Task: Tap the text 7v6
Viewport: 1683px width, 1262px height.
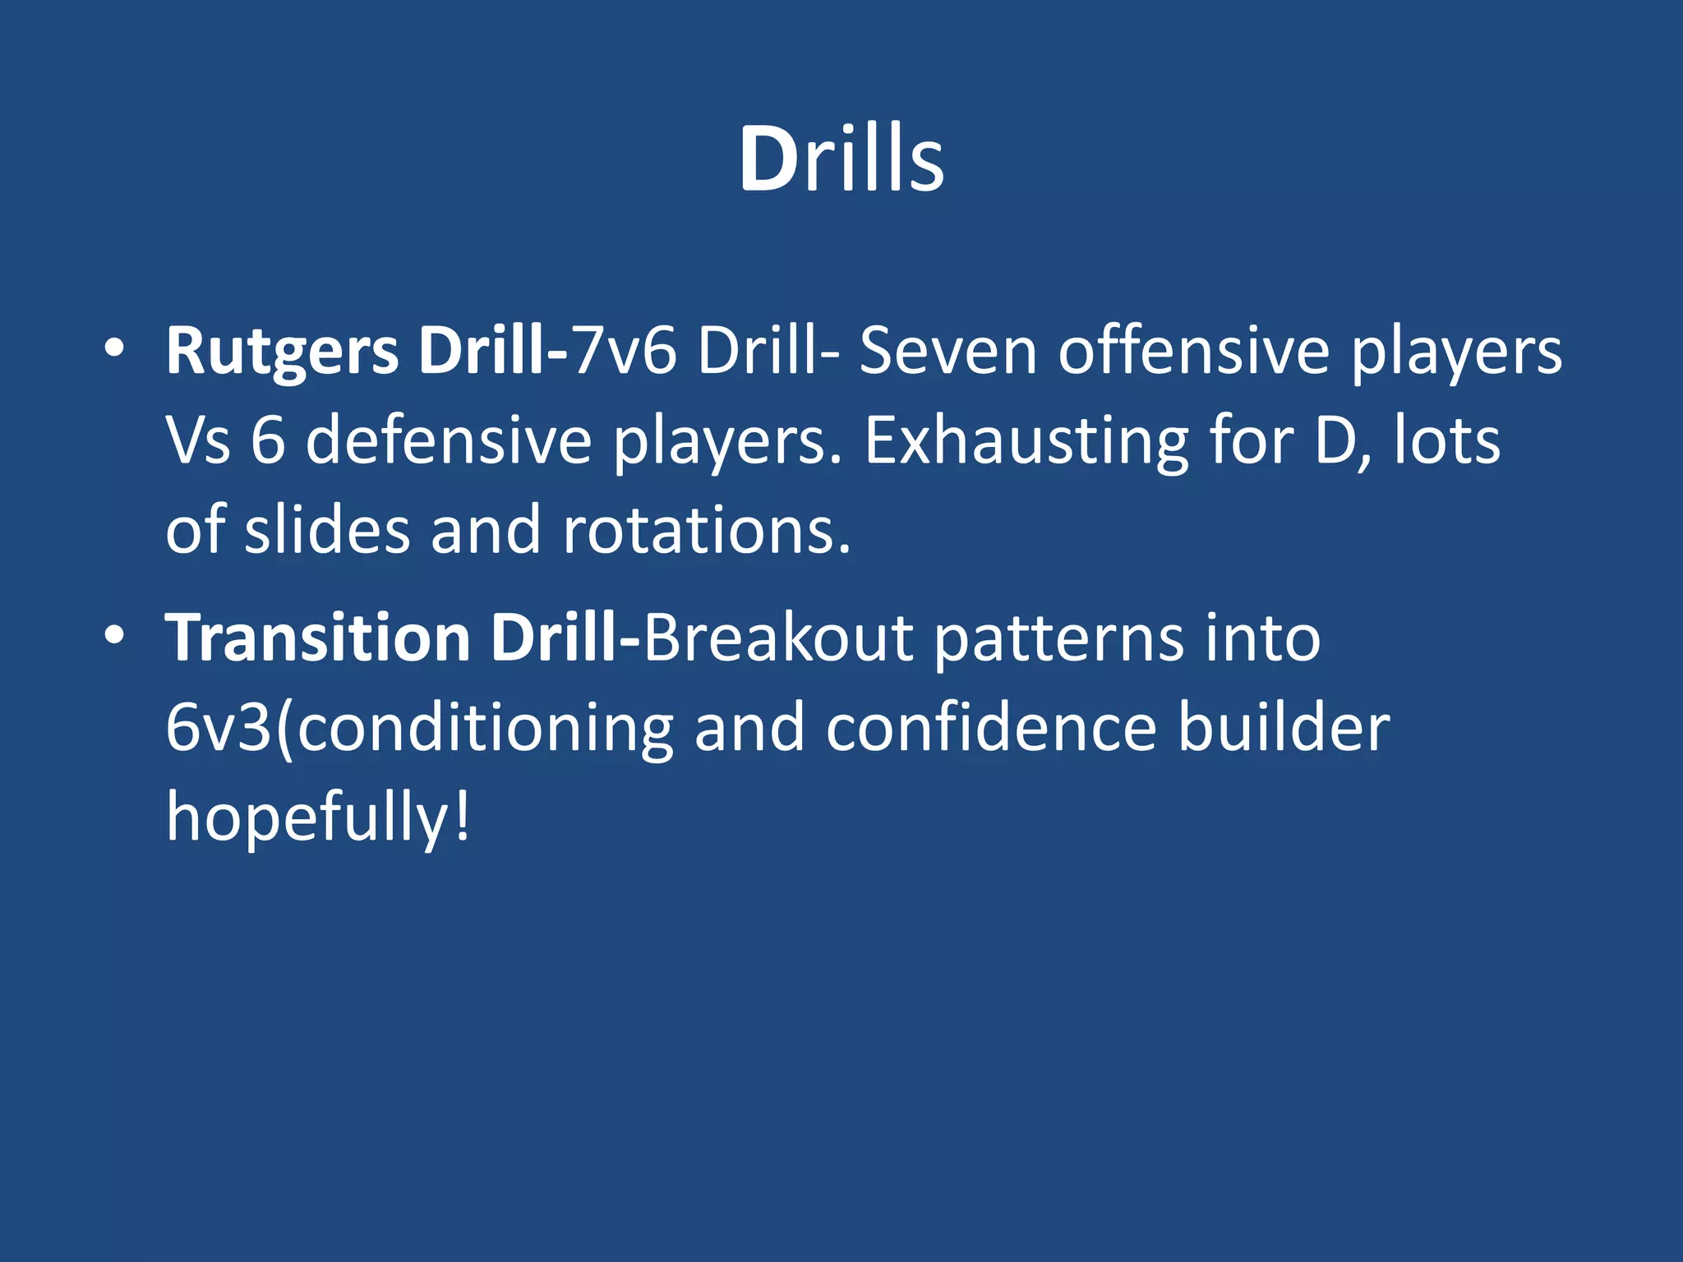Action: [623, 352]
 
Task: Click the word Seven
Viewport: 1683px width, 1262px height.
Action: [948, 352]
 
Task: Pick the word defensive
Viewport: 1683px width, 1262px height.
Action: [448, 441]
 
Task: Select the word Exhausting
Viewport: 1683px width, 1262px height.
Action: [1026, 441]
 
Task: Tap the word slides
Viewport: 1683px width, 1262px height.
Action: [327, 530]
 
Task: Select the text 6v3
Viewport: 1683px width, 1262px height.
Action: [219, 728]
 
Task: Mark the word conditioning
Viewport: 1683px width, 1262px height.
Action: [485, 728]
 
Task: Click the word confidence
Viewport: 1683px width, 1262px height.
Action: [991, 728]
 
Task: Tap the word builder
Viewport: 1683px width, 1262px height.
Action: [1284, 728]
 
